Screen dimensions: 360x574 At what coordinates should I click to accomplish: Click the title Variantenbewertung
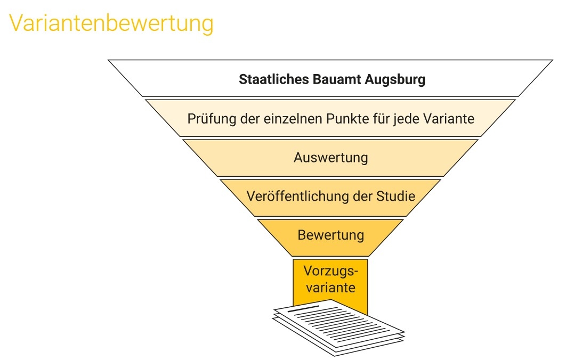[x=111, y=24]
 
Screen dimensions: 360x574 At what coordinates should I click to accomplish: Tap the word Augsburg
[x=396, y=80]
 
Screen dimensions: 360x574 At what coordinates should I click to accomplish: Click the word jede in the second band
[x=406, y=118]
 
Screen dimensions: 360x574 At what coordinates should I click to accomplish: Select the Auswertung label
[x=330, y=158]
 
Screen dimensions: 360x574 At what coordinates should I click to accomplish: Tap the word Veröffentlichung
[x=298, y=196]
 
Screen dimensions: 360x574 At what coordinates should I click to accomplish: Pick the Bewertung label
[x=330, y=235]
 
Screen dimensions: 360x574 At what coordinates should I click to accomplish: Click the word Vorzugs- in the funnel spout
[x=330, y=271]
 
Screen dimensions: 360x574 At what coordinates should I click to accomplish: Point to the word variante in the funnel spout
[x=330, y=288]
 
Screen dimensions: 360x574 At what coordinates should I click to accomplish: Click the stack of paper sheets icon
[x=339, y=328]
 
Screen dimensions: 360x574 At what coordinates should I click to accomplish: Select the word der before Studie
[x=363, y=196]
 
